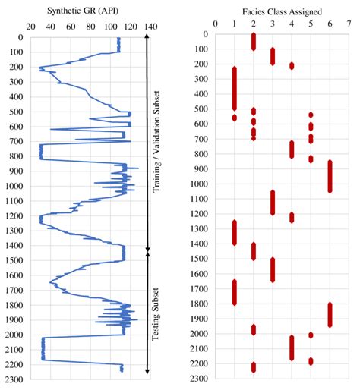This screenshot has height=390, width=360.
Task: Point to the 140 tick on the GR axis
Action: [x=150, y=27]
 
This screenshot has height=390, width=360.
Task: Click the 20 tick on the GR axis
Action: [x=30, y=27]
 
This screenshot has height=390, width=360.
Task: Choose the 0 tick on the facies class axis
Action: [x=216, y=23]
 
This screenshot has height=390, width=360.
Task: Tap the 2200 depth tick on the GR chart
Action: [x=13, y=364]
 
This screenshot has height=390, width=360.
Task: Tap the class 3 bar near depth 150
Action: [x=273, y=56]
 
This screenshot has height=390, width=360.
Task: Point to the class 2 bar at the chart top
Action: [x=254, y=41]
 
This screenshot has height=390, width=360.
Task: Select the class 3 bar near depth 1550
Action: [x=273, y=269]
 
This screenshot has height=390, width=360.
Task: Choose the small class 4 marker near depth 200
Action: [x=292, y=66]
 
